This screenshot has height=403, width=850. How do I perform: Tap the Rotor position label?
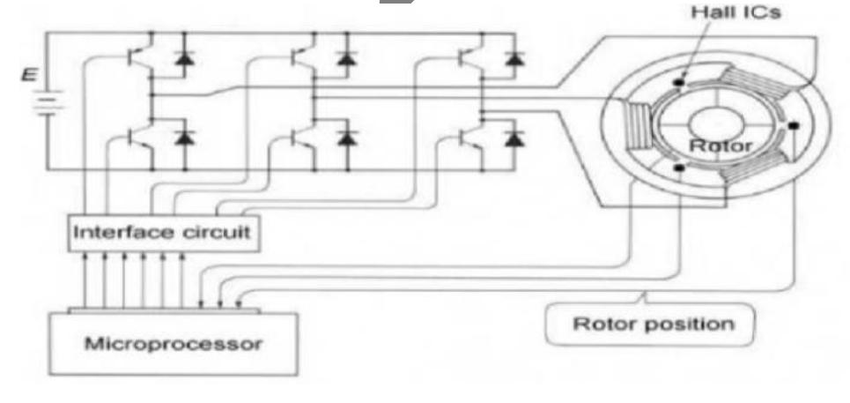pos(653,324)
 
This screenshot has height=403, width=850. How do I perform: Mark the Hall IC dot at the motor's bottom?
pos(676,167)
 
